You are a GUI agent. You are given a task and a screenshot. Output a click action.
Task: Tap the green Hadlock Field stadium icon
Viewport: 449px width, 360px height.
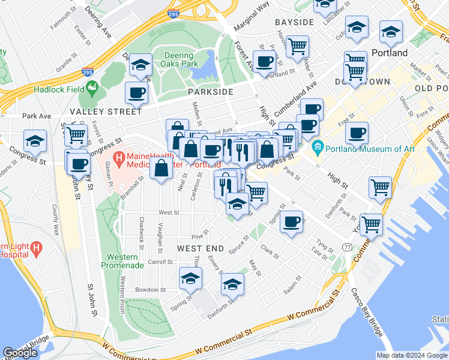pos(92,89)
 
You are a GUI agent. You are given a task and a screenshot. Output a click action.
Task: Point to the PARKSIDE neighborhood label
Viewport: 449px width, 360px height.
pos(209,92)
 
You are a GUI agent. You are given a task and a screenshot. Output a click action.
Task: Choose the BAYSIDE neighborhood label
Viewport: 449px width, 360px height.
pos(294,22)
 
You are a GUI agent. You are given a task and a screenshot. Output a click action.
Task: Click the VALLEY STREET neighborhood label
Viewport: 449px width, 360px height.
pos(106,112)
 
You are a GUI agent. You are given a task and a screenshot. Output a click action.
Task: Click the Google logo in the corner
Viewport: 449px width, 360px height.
pos(20,353)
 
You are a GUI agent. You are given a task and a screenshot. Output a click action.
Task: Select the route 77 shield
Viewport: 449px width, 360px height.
pos(348,247)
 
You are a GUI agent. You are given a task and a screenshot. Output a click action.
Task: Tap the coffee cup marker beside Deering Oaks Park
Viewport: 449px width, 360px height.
pos(136,92)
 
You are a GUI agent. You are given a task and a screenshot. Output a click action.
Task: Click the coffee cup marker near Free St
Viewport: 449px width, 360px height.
pos(357,132)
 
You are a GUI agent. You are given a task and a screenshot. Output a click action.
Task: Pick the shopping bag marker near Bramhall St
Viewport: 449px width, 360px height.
pos(161,169)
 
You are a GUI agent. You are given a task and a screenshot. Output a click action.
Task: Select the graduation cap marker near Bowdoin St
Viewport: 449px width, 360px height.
pos(190,278)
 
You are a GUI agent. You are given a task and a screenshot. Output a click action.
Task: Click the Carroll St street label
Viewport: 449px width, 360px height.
pos(160,262)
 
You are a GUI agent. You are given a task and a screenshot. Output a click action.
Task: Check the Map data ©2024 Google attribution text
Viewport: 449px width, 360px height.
pos(412,355)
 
